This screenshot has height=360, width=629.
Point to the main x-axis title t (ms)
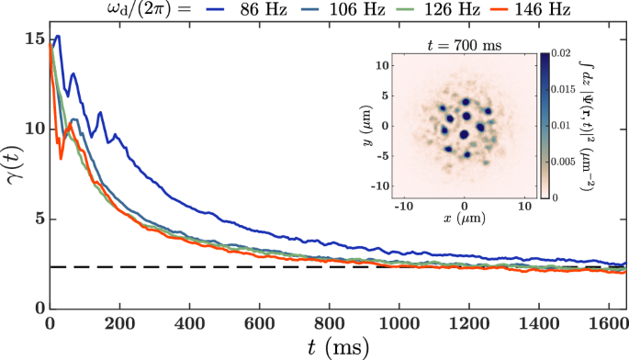[x=337, y=347]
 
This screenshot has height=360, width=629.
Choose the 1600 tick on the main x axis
[x=609, y=323]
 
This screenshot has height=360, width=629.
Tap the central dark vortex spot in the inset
[x=465, y=134]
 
